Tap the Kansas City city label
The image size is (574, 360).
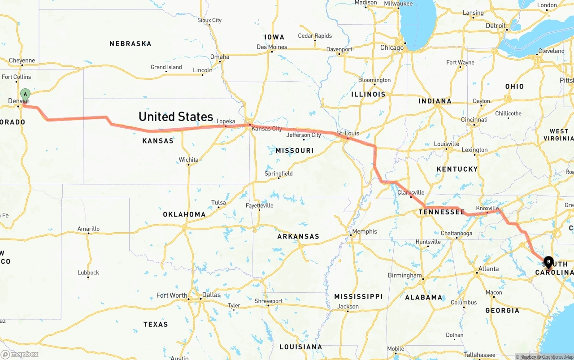(x=267, y=129)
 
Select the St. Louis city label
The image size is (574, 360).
(x=348, y=134)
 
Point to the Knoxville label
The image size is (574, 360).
(x=487, y=208)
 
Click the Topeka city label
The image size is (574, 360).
(x=226, y=121)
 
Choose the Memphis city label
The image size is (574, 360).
(x=365, y=232)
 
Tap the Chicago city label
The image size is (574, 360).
(x=392, y=48)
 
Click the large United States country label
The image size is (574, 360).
(x=176, y=117)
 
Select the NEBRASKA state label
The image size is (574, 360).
(x=130, y=44)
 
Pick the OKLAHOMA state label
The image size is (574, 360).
(x=184, y=215)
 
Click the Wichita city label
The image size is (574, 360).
(x=188, y=160)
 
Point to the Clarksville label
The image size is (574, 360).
(x=411, y=193)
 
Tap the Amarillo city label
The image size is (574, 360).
(x=88, y=229)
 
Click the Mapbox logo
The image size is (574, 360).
(x=20, y=354)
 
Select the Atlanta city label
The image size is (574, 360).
(x=488, y=269)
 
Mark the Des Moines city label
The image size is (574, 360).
(x=272, y=47)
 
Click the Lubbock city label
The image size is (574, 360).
(x=88, y=273)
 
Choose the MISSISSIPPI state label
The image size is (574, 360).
(x=358, y=297)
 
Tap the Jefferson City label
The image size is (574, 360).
(x=304, y=135)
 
